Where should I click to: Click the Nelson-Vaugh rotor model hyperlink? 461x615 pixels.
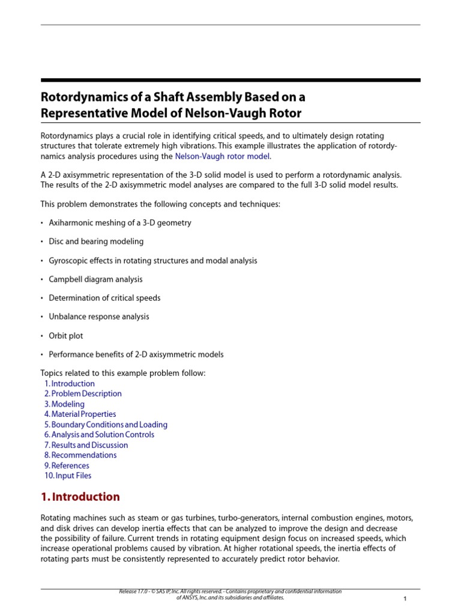tap(223, 156)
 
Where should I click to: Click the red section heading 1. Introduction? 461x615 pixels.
tap(80, 497)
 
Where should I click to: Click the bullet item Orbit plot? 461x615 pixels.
tap(66, 335)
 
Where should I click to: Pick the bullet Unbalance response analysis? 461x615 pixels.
tap(98, 317)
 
